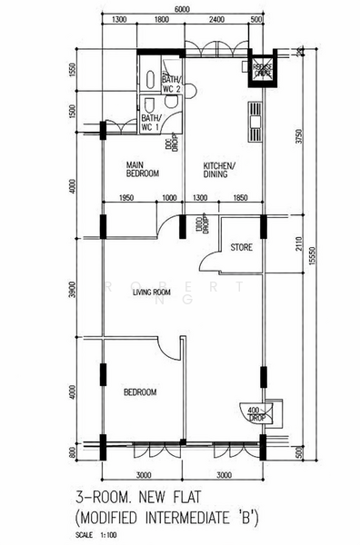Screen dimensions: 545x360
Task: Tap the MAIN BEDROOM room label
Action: pos(143,168)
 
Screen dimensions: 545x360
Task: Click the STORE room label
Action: pos(241,247)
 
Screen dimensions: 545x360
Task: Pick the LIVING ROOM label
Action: pos(153,292)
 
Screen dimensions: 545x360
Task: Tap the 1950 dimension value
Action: pos(127,198)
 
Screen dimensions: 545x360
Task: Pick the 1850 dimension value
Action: pos(240,198)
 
